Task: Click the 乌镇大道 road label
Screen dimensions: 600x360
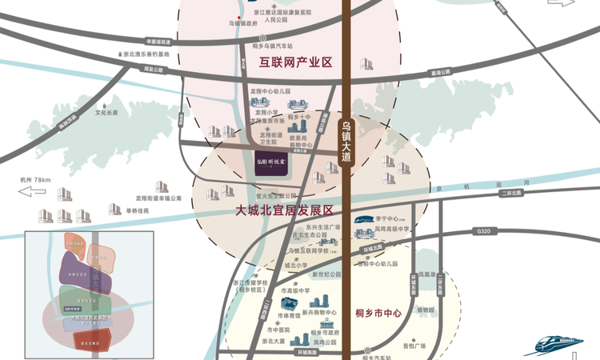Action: [x=346, y=142]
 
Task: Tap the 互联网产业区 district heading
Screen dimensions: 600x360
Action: [x=294, y=62]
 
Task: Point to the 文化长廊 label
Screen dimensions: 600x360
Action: [x=106, y=113]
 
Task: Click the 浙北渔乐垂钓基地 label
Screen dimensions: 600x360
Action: [x=146, y=54]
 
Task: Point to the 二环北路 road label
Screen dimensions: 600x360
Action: [x=510, y=193]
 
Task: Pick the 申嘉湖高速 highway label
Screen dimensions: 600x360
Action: [x=158, y=42]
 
